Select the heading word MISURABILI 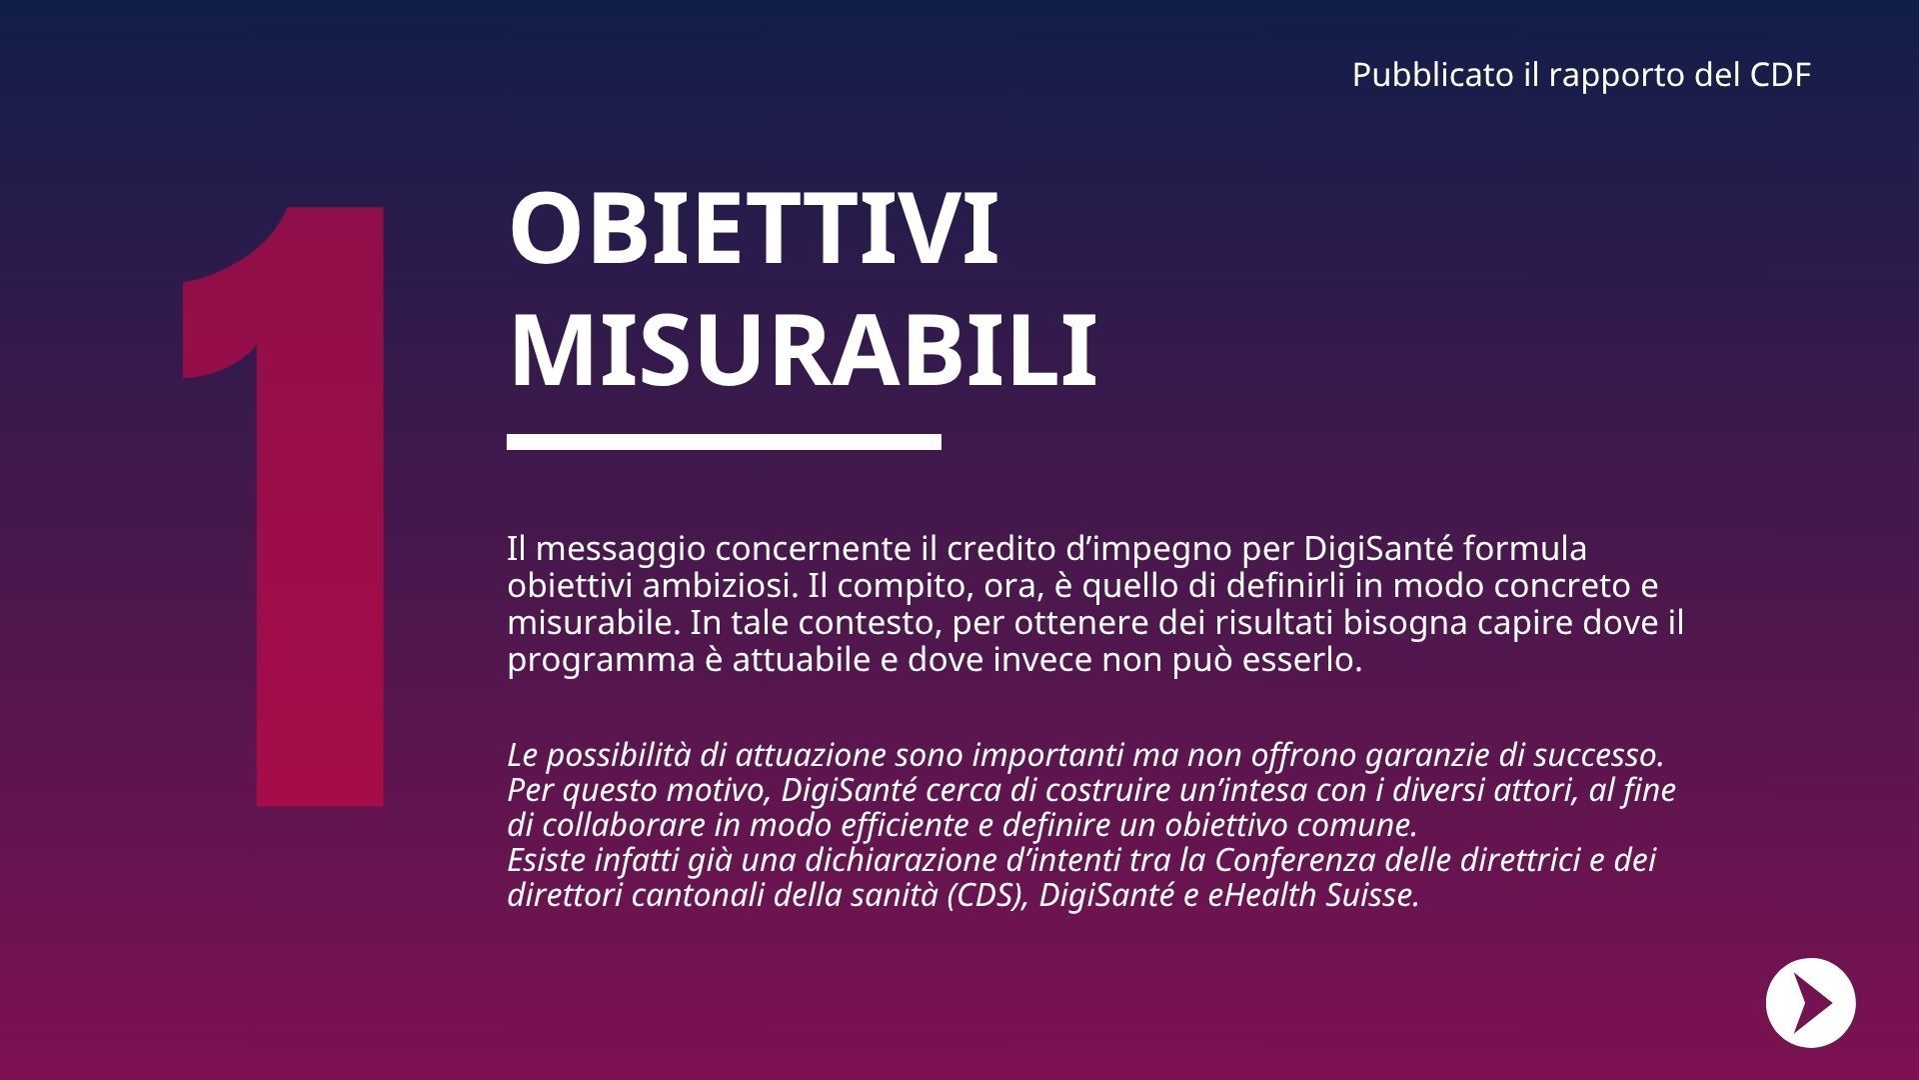[x=803, y=351]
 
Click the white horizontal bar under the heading [x=724, y=442]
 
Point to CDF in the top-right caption [x=1780, y=75]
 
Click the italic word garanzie [x=1444, y=754]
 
